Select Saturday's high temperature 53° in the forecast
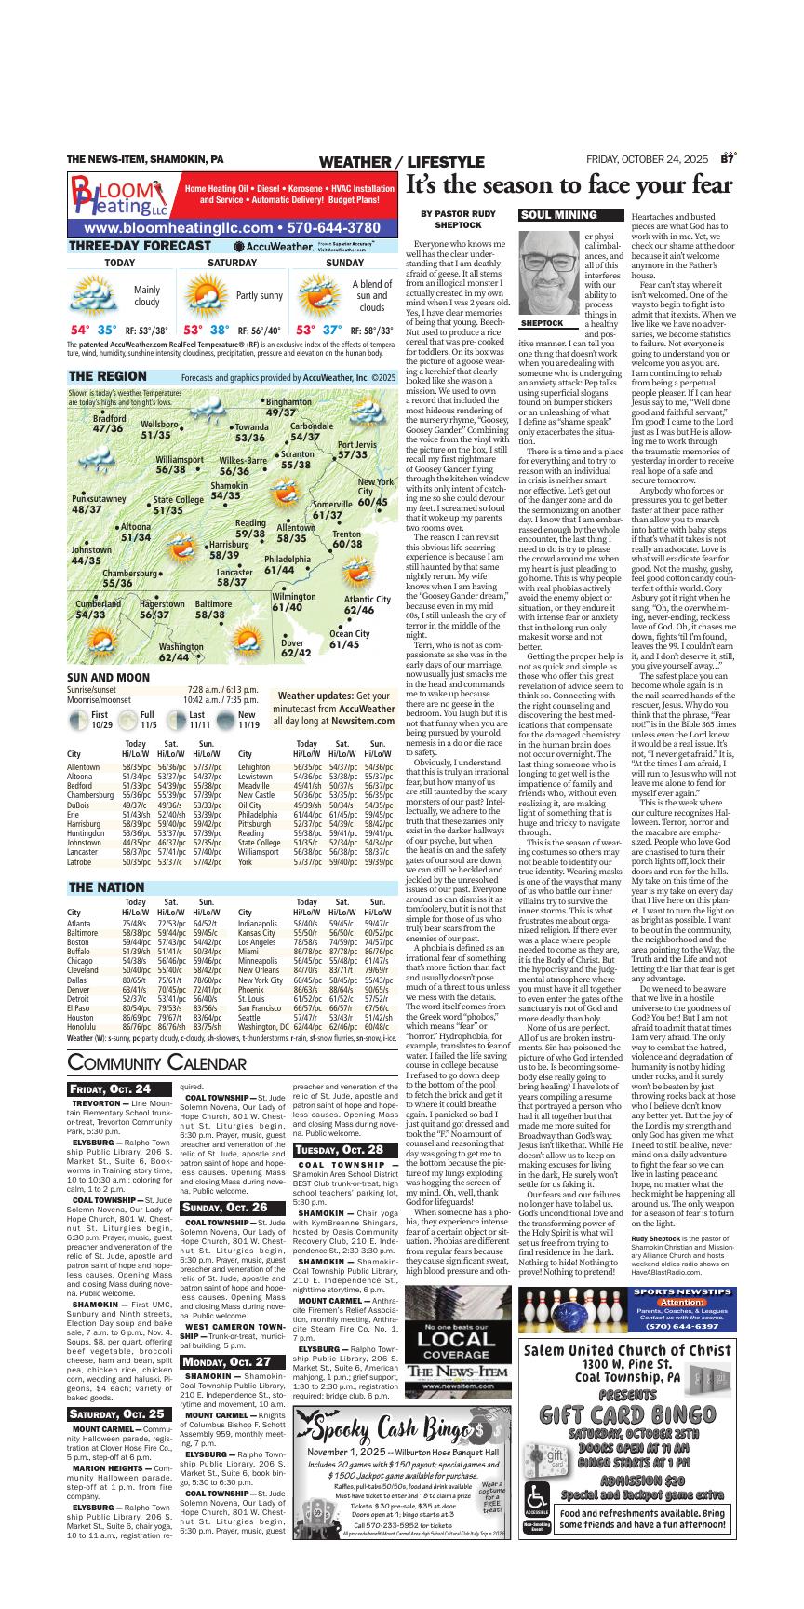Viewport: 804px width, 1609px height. (x=193, y=330)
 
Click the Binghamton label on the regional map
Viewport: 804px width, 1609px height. (x=288, y=407)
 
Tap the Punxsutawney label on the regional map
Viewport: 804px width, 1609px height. (x=99, y=504)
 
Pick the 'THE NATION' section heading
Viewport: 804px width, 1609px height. (x=106, y=887)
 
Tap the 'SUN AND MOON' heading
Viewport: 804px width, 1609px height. (x=108, y=703)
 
